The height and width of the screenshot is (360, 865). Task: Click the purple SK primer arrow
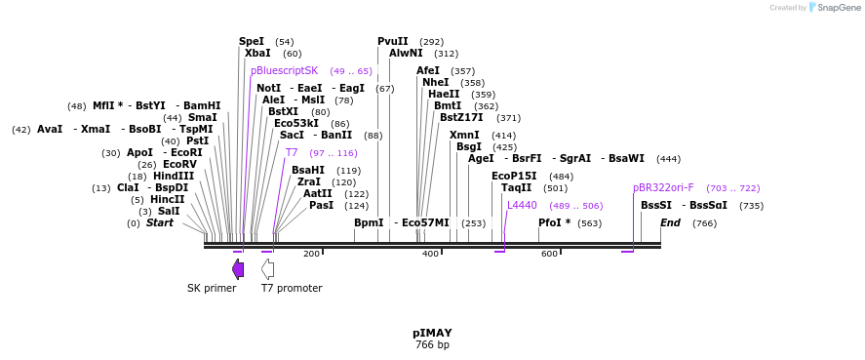click(238, 268)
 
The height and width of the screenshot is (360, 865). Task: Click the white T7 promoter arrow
click(267, 268)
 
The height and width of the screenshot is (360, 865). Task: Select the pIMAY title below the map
click(432, 333)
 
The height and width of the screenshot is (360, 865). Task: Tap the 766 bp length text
click(432, 344)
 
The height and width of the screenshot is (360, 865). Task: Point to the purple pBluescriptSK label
click(284, 71)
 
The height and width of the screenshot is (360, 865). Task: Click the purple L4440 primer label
click(522, 206)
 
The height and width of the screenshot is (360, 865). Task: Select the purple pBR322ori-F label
click(663, 187)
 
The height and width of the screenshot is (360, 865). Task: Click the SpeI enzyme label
click(252, 42)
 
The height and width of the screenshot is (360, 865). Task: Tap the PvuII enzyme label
click(393, 42)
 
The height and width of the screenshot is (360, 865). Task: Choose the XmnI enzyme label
click(464, 136)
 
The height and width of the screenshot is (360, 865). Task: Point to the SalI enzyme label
click(169, 211)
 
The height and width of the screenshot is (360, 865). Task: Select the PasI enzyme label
click(321, 206)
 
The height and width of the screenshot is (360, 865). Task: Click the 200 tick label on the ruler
click(311, 254)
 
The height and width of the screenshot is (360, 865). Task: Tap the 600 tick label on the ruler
click(549, 254)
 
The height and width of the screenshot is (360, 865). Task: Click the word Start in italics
click(160, 223)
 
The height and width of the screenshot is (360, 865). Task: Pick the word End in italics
click(670, 223)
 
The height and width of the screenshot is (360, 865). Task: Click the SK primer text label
click(212, 288)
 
